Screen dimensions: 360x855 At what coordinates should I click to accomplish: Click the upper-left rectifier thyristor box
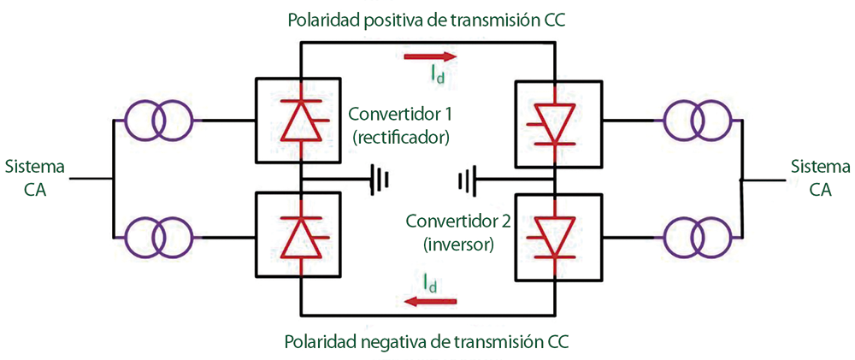click(299, 120)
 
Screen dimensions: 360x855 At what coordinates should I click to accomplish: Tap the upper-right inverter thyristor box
click(556, 121)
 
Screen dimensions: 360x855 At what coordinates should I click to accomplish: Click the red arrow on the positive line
click(430, 57)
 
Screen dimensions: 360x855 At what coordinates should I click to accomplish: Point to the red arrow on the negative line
click(430, 301)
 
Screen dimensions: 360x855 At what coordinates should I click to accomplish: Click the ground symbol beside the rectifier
click(380, 180)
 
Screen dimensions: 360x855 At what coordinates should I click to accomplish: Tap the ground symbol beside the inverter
click(466, 180)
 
